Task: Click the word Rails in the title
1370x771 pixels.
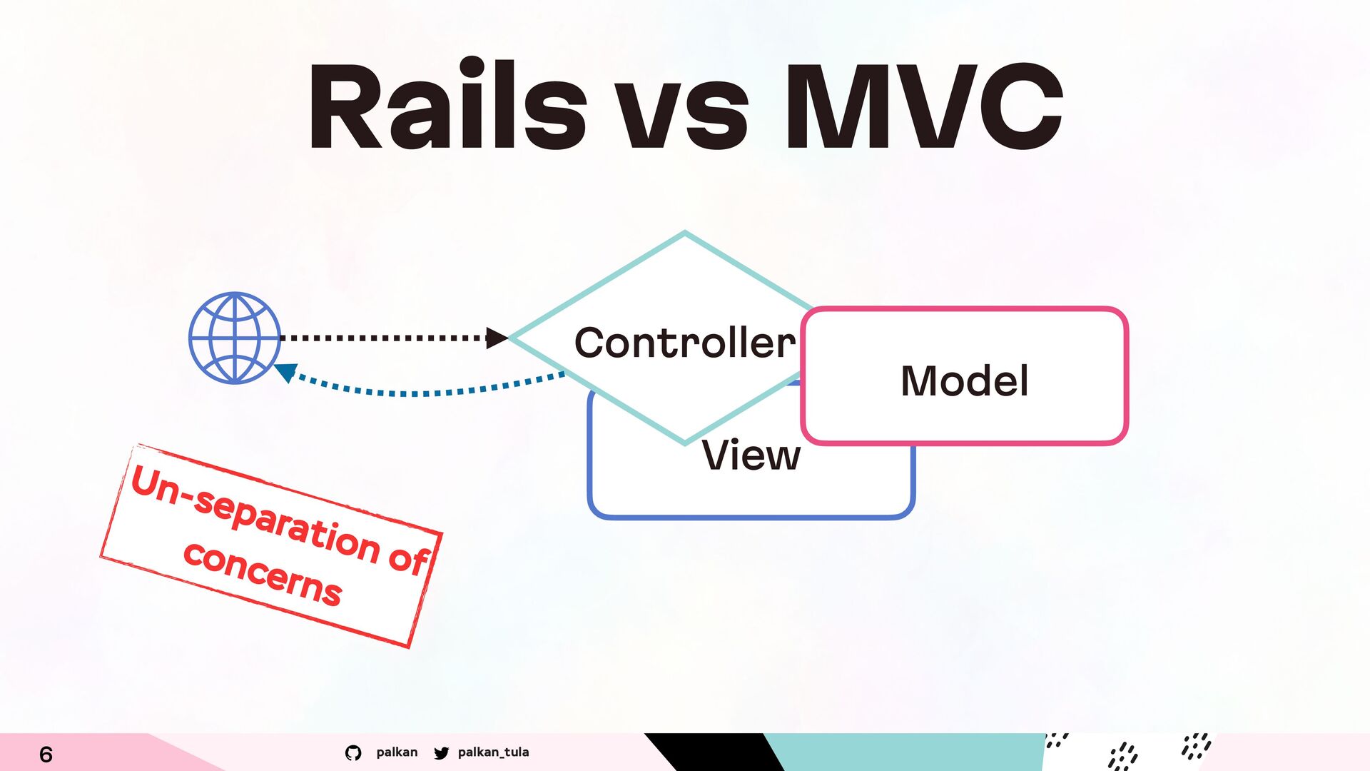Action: coord(447,106)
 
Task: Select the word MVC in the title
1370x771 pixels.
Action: coord(925,106)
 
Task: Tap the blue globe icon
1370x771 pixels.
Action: coord(235,338)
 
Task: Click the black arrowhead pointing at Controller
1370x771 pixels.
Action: coord(497,338)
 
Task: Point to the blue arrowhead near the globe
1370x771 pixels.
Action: coord(286,372)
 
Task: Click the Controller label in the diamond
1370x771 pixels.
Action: coord(685,343)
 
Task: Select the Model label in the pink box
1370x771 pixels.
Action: coord(965,381)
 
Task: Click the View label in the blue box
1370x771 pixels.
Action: coord(751,455)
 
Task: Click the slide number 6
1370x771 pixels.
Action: coord(46,754)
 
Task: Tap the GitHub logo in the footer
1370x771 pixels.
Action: coord(353,752)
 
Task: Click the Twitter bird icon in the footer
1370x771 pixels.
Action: coord(442,752)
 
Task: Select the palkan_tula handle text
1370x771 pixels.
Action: coord(493,752)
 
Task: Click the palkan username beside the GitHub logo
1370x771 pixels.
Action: coord(397,752)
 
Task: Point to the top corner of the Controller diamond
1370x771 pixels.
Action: coord(685,233)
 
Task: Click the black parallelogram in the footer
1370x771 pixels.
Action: coord(714,752)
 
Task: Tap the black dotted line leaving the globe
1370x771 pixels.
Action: coord(383,338)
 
